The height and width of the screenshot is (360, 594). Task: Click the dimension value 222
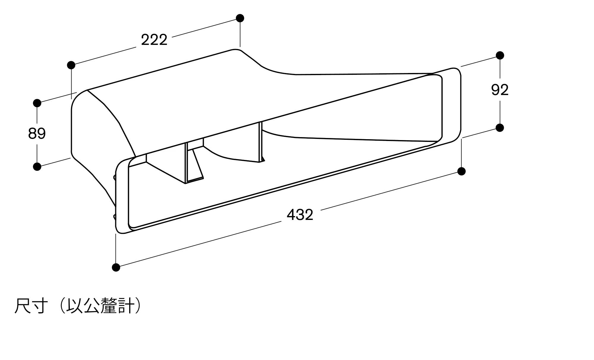tap(154, 40)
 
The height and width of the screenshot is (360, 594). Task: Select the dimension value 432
tap(300, 215)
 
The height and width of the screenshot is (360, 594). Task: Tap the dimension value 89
tap(37, 134)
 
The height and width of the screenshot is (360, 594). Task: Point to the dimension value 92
tap(500, 90)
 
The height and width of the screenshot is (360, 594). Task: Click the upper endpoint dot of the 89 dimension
tap(37, 103)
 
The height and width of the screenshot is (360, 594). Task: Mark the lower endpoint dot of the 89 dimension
tap(37, 166)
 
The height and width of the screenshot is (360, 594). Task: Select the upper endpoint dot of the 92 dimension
tap(500, 55)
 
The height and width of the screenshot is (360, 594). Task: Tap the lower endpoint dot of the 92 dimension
tap(500, 128)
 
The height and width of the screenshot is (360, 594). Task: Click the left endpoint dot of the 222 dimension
tap(71, 65)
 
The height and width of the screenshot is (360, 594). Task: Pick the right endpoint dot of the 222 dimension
tap(240, 18)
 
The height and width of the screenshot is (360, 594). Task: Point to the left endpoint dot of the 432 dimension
tap(116, 267)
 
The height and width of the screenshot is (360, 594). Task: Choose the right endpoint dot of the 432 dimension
tap(461, 171)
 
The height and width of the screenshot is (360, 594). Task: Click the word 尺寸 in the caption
tap(31, 306)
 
